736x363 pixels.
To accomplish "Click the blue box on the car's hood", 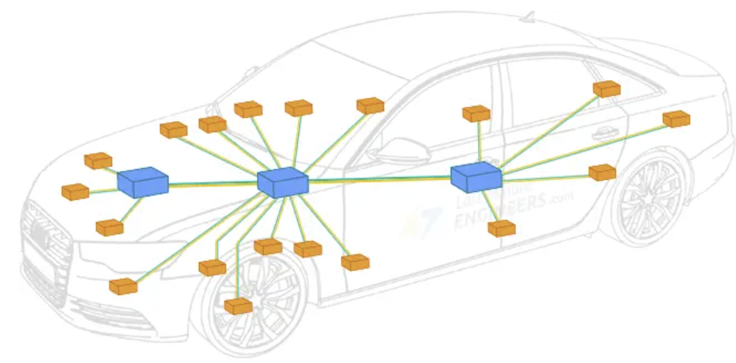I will coord(143,181).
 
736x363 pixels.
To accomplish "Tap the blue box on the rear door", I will coord(476,178).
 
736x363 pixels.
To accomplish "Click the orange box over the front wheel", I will coord(238,305).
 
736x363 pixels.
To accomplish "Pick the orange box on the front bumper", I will coord(123,286).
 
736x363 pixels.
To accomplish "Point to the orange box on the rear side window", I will coord(606,89).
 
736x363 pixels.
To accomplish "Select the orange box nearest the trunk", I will coord(676,119).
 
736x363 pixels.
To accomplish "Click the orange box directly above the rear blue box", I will coord(476,114).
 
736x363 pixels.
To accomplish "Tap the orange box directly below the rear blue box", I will coord(502,229).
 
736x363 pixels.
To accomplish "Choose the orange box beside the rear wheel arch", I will coord(602,173).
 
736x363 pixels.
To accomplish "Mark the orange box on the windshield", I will coord(370,106).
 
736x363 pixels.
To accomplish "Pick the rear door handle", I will coord(604,133).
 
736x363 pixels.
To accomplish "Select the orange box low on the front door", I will coord(355,262).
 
